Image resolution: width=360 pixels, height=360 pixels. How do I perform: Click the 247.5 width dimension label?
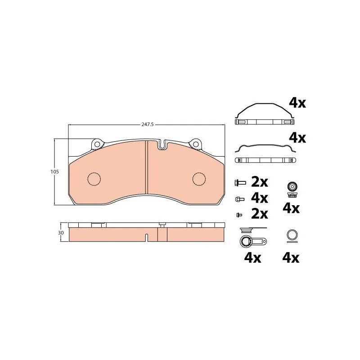point(148,125)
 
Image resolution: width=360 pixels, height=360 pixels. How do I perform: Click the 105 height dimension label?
point(55,171)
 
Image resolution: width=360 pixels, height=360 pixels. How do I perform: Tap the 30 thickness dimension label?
point(61,233)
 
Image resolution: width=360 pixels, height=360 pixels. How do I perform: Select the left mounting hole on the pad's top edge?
point(97,144)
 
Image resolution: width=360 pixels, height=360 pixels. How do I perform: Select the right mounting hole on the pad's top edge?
point(196,144)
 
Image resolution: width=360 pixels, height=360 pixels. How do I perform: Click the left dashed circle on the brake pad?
point(94,179)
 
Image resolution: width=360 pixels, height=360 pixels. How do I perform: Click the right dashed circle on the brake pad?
point(199,179)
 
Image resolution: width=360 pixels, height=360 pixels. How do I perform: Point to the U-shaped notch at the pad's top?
point(162,145)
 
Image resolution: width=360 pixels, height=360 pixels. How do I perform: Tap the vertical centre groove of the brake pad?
point(146,167)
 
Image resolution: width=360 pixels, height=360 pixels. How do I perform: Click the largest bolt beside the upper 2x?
point(240,183)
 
